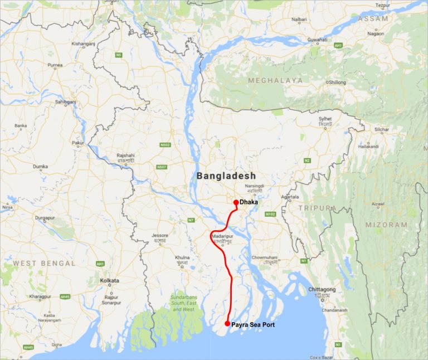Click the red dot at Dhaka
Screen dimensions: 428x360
[236, 202]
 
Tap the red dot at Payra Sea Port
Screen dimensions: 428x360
[227, 324]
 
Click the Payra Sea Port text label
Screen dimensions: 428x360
[253, 324]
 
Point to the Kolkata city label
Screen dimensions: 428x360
[110, 280]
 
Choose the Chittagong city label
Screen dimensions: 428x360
[322, 290]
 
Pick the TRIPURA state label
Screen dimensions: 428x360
[317, 208]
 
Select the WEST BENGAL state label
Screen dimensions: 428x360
[44, 262]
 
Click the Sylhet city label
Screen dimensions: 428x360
[325, 119]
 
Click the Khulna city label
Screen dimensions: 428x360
[182, 257]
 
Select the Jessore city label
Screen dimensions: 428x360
[159, 235]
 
